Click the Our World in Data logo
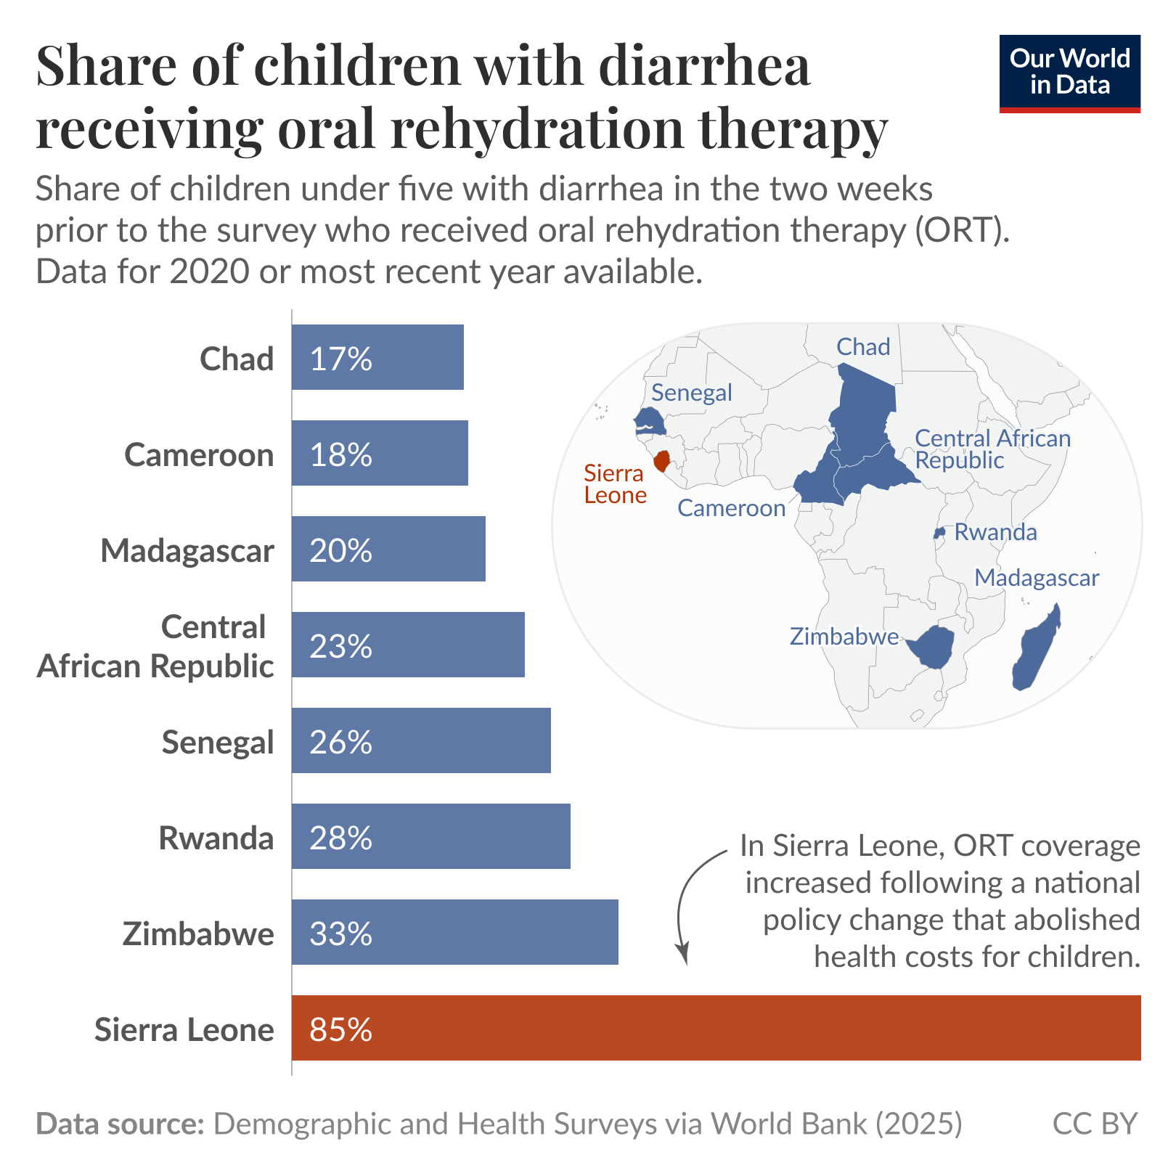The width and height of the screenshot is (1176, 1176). pos(1069,73)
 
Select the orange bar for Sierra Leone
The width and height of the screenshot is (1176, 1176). pos(716,1027)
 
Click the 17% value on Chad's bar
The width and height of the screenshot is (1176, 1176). pos(340,359)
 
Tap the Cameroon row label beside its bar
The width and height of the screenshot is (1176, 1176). pos(199,455)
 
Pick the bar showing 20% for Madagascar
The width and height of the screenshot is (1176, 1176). pos(388,549)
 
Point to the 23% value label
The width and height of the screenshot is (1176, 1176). pos(340,646)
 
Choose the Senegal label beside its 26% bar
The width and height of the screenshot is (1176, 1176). pos(217,742)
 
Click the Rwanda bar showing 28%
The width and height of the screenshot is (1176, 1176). pos(430,836)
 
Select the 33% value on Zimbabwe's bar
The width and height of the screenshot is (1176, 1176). pos(340,934)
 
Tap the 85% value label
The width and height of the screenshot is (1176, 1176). pos(340,1029)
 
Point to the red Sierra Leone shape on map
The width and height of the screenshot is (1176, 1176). pos(661,461)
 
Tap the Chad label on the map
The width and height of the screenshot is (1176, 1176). pos(862,347)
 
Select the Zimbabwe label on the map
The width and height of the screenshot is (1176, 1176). pos(844,637)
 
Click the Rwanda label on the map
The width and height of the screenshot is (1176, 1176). pos(995,532)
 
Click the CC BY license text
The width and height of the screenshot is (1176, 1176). pos(1094,1123)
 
